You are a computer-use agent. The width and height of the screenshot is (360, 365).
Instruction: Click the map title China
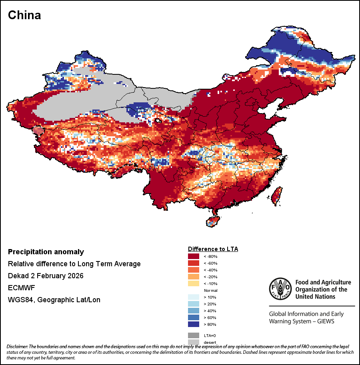click(24, 15)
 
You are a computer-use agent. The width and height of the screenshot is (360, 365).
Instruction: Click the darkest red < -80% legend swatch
click(194, 256)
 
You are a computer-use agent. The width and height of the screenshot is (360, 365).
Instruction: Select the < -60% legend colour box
click(194, 263)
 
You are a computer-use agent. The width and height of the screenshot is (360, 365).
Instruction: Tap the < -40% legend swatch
click(194, 270)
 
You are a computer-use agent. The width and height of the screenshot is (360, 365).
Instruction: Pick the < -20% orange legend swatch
click(194, 277)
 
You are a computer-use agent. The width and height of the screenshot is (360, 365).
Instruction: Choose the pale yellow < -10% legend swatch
click(194, 283)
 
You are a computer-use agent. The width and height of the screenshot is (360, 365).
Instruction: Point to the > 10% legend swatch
click(194, 297)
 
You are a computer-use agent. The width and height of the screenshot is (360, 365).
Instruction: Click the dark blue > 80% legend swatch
click(194, 324)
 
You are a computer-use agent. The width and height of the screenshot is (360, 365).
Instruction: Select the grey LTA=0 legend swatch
click(194, 335)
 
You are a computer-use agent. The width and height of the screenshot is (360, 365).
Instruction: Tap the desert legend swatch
click(194, 341)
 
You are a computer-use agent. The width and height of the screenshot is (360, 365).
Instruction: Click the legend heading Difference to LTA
click(213, 249)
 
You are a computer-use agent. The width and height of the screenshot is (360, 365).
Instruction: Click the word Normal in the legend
click(210, 290)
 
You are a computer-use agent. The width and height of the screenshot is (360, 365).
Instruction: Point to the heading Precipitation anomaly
click(46, 252)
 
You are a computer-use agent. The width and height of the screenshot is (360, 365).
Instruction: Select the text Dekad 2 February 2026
click(46, 276)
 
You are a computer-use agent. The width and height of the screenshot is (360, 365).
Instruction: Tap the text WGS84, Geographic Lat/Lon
click(54, 300)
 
